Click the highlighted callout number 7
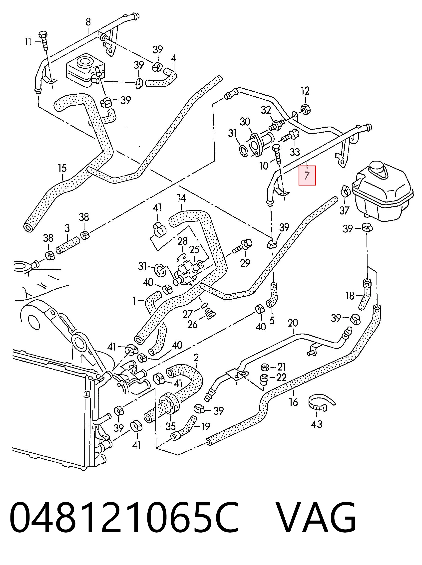[x=307, y=175]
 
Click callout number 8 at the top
[x=88, y=22]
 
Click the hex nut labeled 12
[x=306, y=109]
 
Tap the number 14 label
[x=181, y=198]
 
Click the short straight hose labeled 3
[x=68, y=245]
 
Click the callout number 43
[x=317, y=424]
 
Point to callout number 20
[x=293, y=323]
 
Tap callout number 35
[x=171, y=426]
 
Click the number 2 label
[x=196, y=358]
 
